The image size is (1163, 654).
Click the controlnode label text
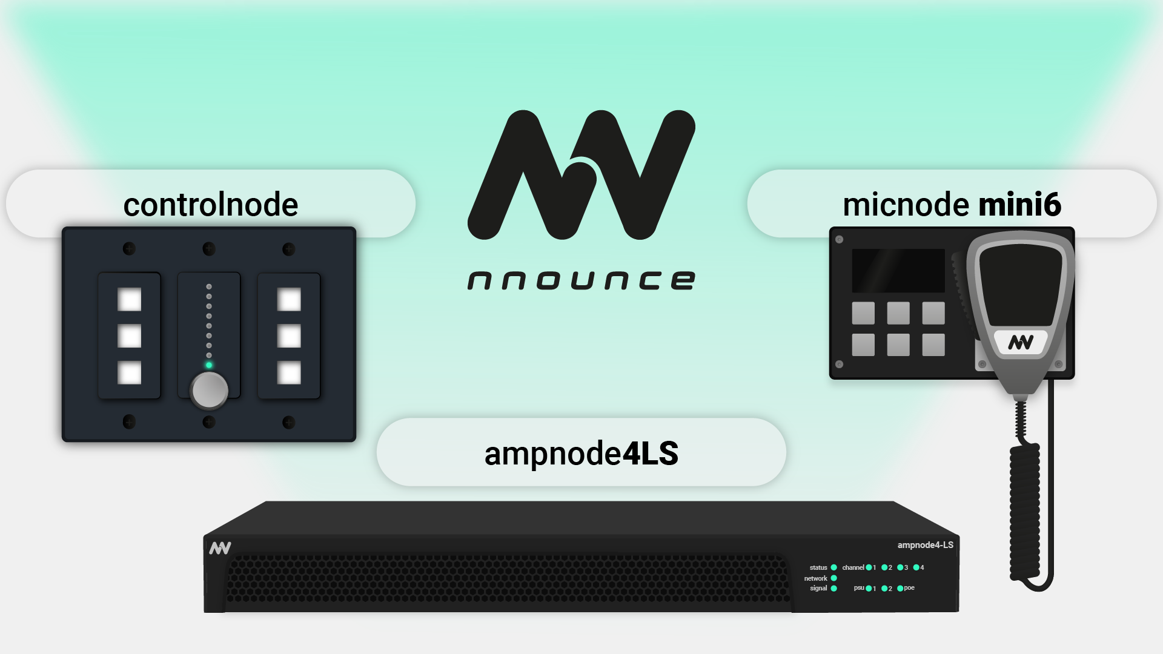[x=211, y=205]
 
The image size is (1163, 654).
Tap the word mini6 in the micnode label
[x=1019, y=205]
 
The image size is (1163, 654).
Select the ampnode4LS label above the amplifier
[x=581, y=454]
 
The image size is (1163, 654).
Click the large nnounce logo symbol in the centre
[x=581, y=174]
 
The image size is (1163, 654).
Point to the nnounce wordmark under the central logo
[x=581, y=280]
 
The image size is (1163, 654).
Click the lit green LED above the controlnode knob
[x=209, y=365]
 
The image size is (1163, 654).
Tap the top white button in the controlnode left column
[x=129, y=300]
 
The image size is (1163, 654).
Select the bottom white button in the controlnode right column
[x=289, y=373]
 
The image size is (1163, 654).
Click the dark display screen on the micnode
[x=898, y=271]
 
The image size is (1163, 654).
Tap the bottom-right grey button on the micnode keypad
[x=933, y=345]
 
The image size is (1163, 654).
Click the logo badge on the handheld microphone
[x=1020, y=343]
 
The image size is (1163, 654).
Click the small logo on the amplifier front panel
[x=220, y=548]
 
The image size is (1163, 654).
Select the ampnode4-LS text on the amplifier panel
[x=925, y=545]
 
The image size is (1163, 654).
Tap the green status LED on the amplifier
[x=833, y=567]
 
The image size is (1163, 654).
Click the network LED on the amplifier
[x=833, y=578]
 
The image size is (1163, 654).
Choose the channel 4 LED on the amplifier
[x=916, y=567]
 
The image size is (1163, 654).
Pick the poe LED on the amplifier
[x=900, y=588]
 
